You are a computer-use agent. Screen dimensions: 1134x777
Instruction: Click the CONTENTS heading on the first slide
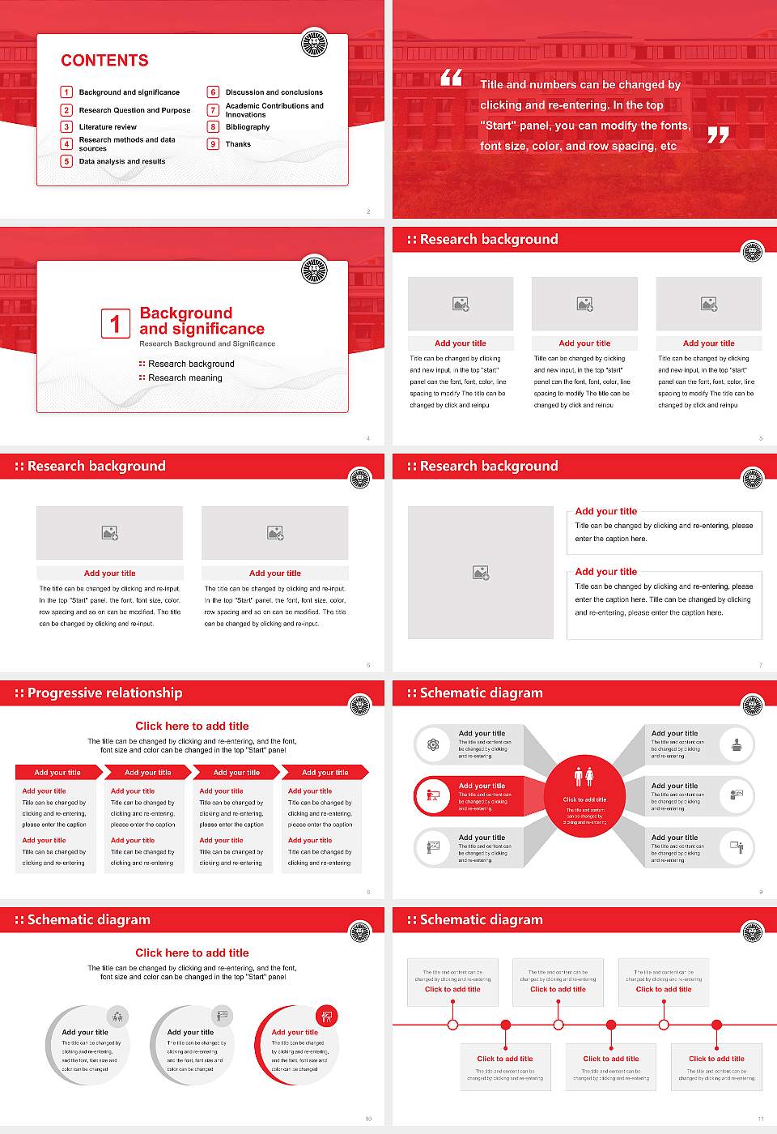(x=104, y=61)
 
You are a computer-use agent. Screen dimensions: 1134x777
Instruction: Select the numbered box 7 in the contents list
(x=214, y=110)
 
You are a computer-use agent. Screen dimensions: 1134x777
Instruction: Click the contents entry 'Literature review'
(x=108, y=127)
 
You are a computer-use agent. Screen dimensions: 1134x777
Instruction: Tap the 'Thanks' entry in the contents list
(x=238, y=144)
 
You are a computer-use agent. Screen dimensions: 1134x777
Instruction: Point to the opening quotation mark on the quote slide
(x=451, y=78)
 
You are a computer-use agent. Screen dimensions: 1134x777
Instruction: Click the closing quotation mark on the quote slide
(x=718, y=135)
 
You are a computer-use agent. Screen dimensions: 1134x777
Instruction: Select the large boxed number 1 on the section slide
(x=115, y=323)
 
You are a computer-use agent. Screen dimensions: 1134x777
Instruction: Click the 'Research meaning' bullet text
(x=185, y=378)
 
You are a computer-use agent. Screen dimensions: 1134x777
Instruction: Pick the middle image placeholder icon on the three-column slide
(x=584, y=304)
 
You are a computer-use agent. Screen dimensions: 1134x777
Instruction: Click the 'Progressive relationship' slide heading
(x=104, y=693)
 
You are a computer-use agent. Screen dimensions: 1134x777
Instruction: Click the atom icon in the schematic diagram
(x=433, y=744)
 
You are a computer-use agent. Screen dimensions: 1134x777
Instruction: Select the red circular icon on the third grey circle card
(x=327, y=1016)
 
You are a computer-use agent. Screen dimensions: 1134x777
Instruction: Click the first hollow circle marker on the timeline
(x=452, y=1025)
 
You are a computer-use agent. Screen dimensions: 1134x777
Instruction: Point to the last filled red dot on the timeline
(x=716, y=1025)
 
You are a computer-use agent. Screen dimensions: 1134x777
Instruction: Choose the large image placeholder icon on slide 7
(x=481, y=573)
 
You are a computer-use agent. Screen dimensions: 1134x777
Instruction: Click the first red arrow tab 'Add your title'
(x=57, y=773)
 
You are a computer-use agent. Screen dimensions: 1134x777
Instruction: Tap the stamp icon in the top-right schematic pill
(x=737, y=744)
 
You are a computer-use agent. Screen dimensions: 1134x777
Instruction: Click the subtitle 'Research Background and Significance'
(x=207, y=344)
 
